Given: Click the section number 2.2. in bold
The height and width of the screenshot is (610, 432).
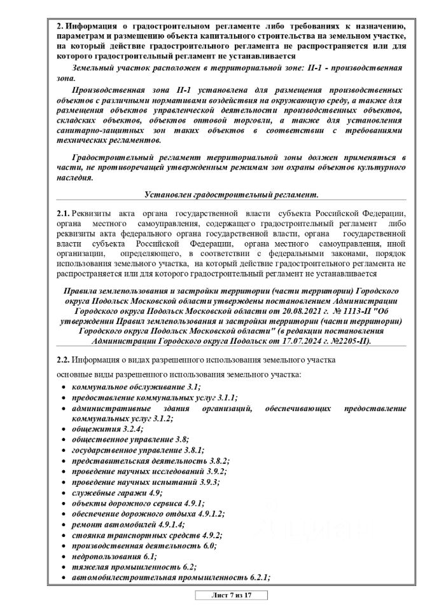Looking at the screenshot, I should pos(64,360).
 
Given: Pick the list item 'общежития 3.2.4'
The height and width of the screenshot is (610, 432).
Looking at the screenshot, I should pos(107,429).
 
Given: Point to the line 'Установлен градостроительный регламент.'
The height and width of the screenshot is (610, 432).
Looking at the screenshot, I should pos(231,193).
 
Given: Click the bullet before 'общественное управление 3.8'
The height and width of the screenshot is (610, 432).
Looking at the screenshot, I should pos(63,440).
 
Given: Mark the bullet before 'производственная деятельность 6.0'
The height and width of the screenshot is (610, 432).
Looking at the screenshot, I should pos(63,546).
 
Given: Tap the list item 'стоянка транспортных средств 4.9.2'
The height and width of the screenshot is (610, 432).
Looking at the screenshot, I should pos(147,535).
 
